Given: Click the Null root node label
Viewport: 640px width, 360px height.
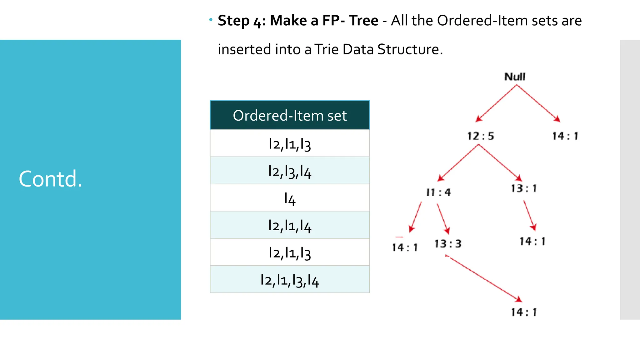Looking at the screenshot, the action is [x=515, y=77].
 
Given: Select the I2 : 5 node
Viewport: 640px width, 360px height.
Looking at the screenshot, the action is [x=481, y=136].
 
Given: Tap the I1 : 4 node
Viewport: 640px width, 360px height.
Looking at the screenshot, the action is [x=438, y=192].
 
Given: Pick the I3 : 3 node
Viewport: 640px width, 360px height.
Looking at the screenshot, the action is [x=448, y=244].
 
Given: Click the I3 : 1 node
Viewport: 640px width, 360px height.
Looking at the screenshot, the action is [x=524, y=188].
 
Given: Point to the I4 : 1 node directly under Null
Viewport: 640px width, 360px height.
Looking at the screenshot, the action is [x=565, y=136].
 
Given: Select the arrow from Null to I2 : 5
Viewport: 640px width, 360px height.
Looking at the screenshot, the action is [x=496, y=103].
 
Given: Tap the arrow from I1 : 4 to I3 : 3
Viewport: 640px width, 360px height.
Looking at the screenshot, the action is [x=443, y=218].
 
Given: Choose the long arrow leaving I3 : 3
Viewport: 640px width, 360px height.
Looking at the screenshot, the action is [x=484, y=278].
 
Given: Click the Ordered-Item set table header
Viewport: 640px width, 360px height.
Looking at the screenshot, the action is [x=290, y=115].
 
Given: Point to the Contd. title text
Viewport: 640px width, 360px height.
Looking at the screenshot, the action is [x=51, y=179].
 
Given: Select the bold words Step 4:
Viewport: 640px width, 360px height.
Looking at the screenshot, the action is [x=242, y=21].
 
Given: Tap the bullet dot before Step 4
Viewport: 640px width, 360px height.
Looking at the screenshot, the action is [x=211, y=20].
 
